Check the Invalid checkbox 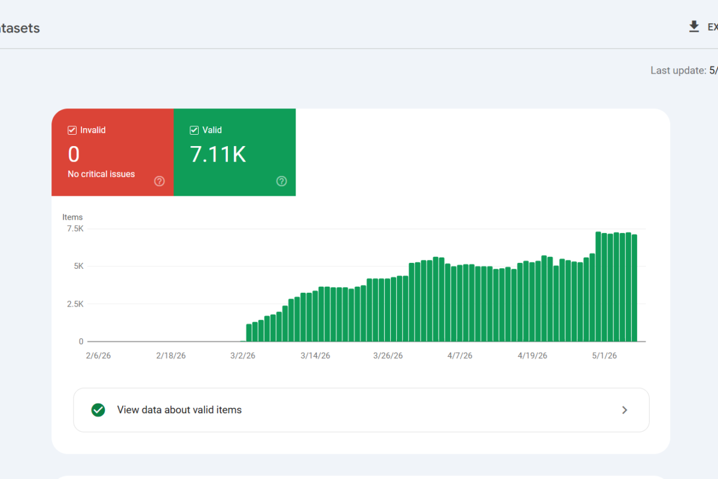72,131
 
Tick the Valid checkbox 194,131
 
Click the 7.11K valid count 218,154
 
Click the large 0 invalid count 74,154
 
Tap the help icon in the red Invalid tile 159,181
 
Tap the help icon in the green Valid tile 281,181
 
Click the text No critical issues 101,174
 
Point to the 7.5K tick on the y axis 75,229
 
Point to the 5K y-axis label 78,266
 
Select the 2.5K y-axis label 75,304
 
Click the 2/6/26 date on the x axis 98,356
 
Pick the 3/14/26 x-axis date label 315,356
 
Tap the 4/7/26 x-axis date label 460,356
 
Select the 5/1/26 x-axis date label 604,356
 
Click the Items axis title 72,217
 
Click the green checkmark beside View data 98,410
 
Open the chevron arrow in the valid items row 625,410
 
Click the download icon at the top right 694,26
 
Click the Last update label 679,71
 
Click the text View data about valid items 179,410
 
